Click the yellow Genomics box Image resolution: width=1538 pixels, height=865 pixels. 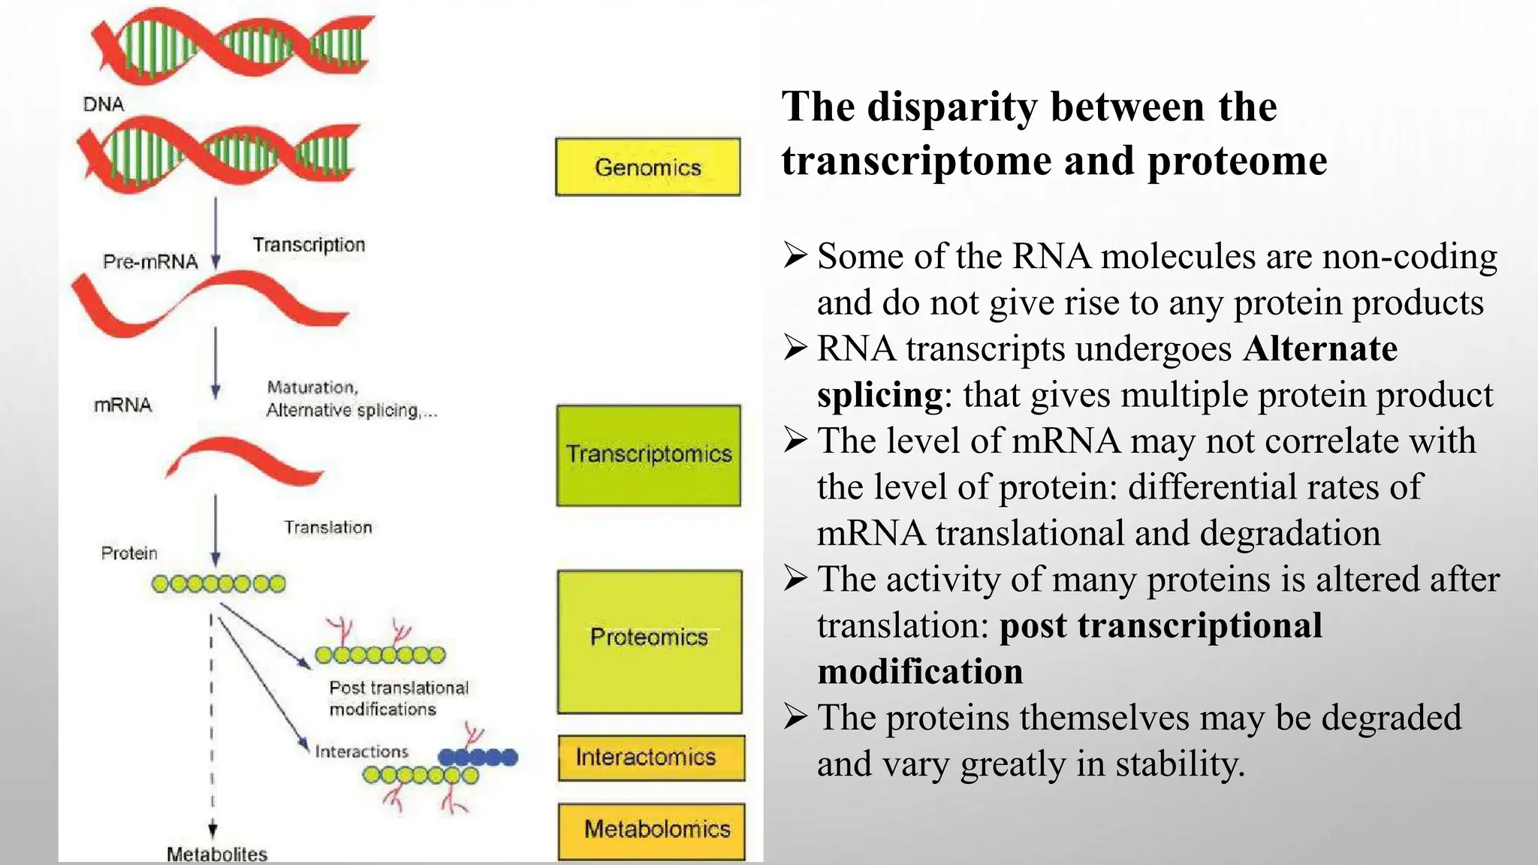coord(647,167)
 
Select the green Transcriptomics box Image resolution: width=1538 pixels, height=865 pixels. coord(648,455)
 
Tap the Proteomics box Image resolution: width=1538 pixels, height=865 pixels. coord(650,641)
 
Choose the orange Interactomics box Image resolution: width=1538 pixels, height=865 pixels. coord(651,758)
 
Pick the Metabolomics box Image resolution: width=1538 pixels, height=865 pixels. coord(652,830)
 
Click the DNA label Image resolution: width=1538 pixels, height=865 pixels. coord(104,104)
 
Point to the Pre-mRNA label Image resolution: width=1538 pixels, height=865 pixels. coord(150,262)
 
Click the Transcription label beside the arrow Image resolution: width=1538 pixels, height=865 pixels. coord(309,245)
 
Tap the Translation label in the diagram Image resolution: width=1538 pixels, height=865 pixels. coord(327,528)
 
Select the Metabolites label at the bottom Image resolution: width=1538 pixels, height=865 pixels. coord(216,854)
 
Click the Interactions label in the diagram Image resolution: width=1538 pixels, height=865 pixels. coord(361,752)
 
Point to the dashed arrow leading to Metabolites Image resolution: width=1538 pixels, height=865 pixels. coord(213,721)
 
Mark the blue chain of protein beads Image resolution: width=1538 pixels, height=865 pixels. coord(478,757)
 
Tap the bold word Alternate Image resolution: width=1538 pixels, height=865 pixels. coord(1320,349)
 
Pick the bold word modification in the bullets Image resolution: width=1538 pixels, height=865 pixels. coord(920,672)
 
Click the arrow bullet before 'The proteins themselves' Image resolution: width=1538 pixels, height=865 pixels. coord(795,717)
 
